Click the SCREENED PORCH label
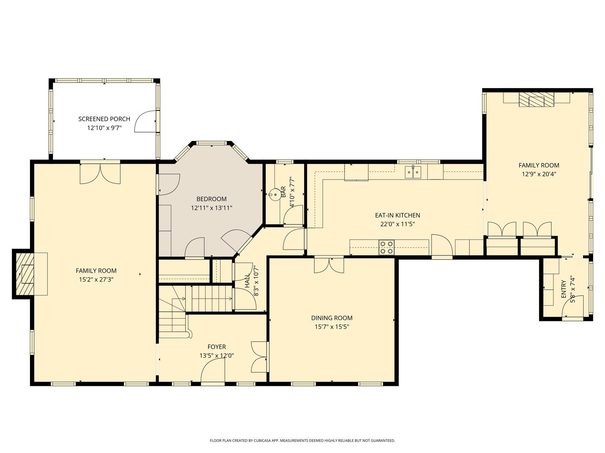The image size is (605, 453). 104,119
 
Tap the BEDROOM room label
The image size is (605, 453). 211,199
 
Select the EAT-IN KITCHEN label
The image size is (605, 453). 397,215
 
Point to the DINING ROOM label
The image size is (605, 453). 331,318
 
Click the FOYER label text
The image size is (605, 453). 217,347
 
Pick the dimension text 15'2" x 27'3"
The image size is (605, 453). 96,279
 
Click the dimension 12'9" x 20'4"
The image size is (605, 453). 539,174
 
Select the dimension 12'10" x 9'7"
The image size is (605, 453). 105,128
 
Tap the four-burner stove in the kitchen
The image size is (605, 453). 387,247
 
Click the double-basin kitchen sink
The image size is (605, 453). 413,172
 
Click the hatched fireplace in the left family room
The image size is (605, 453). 25,273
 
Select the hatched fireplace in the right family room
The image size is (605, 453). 537,99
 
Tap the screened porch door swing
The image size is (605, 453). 145,121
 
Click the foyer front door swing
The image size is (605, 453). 213,370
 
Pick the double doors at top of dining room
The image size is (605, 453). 329,265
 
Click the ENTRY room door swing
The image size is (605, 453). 573,306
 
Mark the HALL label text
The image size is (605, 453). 247,281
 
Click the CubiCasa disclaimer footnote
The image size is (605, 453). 302,440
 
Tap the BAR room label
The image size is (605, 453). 283,192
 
